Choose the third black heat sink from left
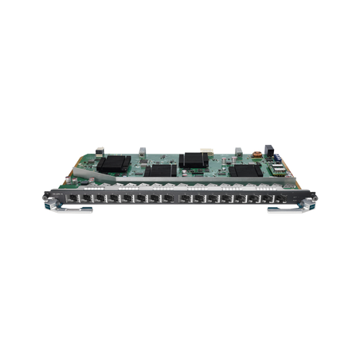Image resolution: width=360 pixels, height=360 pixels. tap(194, 158)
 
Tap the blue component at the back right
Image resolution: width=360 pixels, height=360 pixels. tap(268, 149)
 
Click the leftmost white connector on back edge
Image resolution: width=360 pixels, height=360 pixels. tap(99, 149)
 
